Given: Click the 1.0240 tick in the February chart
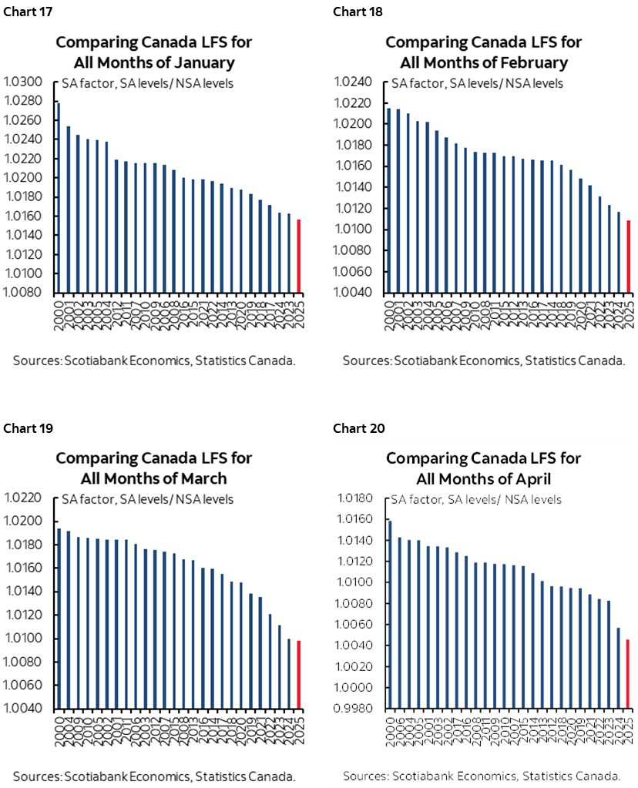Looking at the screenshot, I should pyautogui.click(x=356, y=82).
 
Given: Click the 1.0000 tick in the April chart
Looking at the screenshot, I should pyautogui.click(x=356, y=688).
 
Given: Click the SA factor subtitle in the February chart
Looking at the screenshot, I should pyautogui.click(x=477, y=83).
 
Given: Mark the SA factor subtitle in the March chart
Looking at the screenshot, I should pyautogui.click(x=147, y=499).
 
